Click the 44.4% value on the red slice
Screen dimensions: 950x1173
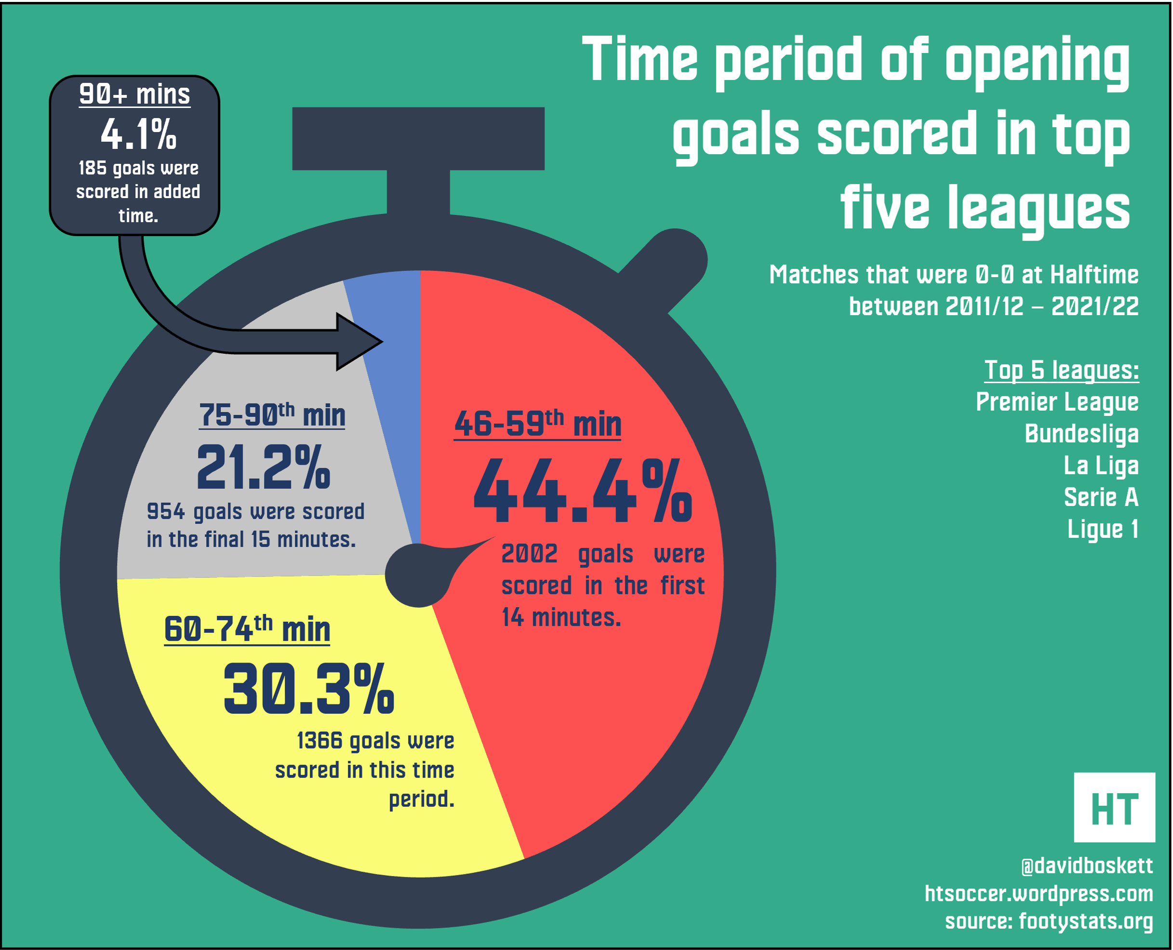pyautogui.click(x=582, y=491)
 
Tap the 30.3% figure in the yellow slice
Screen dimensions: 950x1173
pyautogui.click(x=308, y=689)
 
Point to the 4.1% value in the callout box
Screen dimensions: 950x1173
pyautogui.click(x=138, y=134)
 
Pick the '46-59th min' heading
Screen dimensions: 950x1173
pyautogui.click(x=538, y=424)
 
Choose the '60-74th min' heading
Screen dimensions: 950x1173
pyautogui.click(x=247, y=629)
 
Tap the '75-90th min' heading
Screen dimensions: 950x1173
pyautogui.click(x=272, y=415)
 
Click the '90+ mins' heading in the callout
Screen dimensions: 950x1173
pyautogui.click(x=134, y=94)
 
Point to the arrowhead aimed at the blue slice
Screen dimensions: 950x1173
pyautogui.click(x=359, y=342)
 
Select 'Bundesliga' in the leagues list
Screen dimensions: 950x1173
pyautogui.click(x=1081, y=434)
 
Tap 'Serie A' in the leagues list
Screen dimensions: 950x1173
pyautogui.click(x=1101, y=497)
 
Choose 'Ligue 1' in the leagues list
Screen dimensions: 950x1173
pyautogui.click(x=1103, y=529)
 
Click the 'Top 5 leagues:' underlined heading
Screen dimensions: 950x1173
pyautogui.click(x=1061, y=371)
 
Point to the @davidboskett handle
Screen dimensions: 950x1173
pyautogui.click(x=1087, y=866)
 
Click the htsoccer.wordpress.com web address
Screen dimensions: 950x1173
pyautogui.click(x=1039, y=894)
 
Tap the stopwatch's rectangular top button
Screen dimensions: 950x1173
pyautogui.click(x=418, y=138)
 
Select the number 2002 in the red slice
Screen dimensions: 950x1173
pyautogui.click(x=529, y=554)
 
